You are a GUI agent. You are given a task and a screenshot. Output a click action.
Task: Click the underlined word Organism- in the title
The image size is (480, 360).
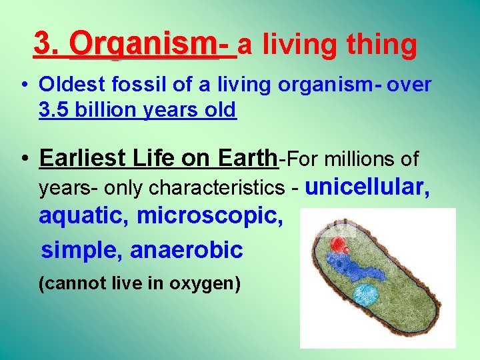[153, 45]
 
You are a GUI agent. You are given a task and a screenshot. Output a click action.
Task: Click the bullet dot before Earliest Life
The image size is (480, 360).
[23, 159]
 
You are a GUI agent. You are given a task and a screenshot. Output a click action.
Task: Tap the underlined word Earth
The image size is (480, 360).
[245, 159]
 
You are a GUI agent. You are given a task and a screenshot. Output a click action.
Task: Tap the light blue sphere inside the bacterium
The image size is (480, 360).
[366, 294]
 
